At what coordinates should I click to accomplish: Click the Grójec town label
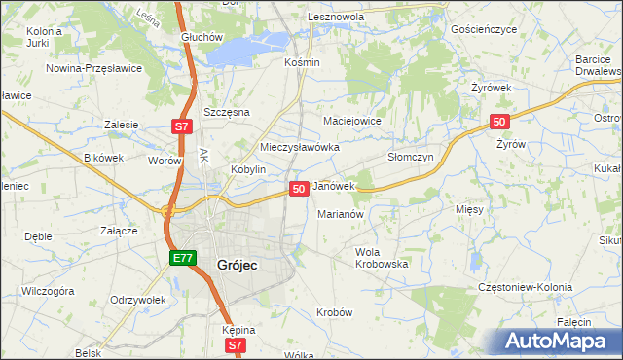point(223,263)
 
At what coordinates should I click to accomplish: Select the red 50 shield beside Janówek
point(299,188)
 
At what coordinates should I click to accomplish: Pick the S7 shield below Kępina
point(235,344)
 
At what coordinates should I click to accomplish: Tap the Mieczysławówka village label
point(299,147)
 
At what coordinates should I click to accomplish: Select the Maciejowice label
point(351,121)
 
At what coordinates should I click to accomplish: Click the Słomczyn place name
point(410,156)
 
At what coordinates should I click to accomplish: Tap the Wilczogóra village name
point(49,290)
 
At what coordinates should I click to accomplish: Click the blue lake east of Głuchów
point(248,48)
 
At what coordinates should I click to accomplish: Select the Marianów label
point(341,214)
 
